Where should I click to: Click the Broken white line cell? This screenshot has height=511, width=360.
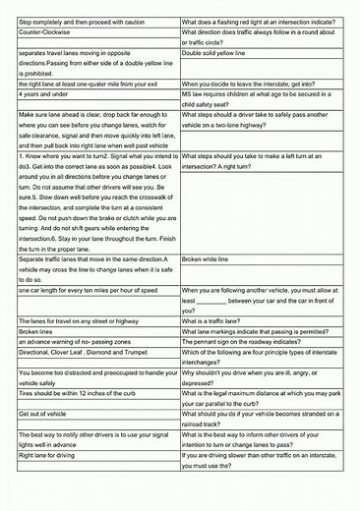pyautogui.click(x=211, y=259)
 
